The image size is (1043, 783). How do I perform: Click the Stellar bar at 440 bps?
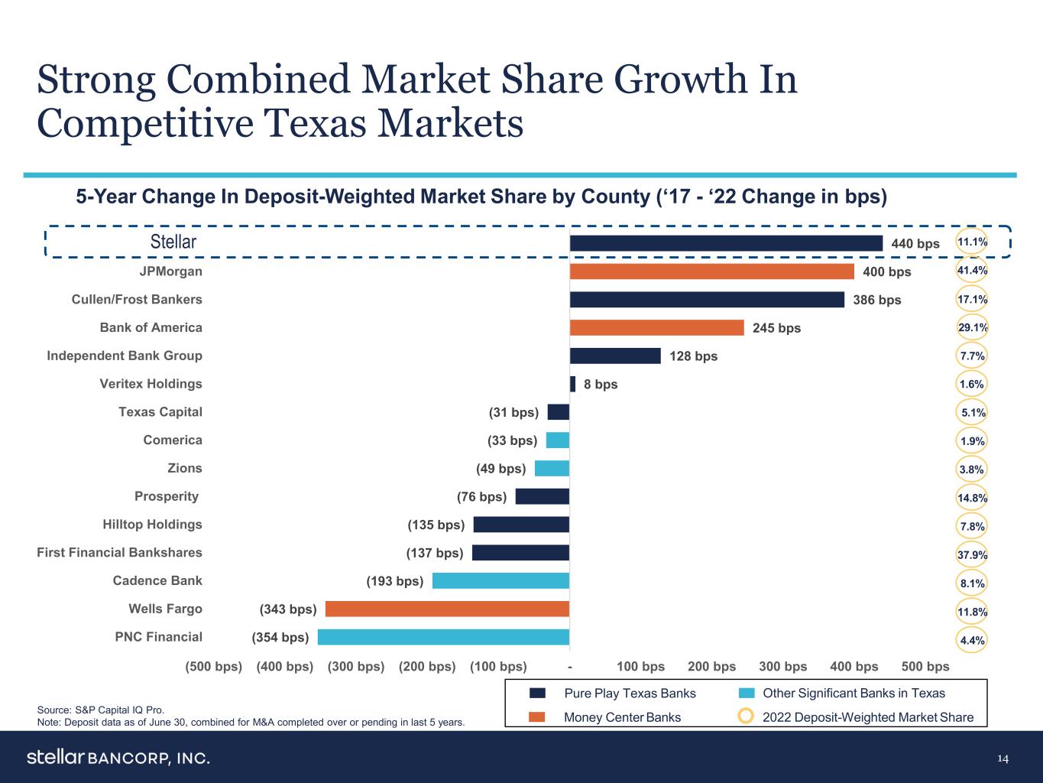pos(726,243)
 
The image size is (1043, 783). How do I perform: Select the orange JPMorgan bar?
pos(711,271)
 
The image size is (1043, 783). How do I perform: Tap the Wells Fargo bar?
pos(447,609)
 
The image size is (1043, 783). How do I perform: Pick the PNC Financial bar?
pos(443,637)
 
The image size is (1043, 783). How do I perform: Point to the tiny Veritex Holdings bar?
pos(572,384)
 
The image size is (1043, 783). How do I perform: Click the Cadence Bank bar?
pos(500,580)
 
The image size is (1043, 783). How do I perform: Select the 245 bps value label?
pos(777,328)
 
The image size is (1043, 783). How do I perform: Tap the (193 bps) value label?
pos(394,581)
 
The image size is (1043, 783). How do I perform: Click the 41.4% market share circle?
pos(972,271)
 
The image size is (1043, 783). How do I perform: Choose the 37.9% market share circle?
pos(972,555)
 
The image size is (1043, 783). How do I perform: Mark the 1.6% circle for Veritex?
pos(972,385)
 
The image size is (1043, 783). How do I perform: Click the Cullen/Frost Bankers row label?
pos(137,300)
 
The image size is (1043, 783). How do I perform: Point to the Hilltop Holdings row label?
pos(152,525)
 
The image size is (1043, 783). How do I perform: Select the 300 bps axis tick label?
pos(782,667)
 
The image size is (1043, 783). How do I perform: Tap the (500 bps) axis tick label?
pos(214,667)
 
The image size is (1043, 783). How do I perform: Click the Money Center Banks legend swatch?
pos(537,717)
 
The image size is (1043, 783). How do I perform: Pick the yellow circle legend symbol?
pos(747,716)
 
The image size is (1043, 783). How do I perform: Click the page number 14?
pos(1003,759)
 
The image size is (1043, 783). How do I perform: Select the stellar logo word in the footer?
pos(55,757)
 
